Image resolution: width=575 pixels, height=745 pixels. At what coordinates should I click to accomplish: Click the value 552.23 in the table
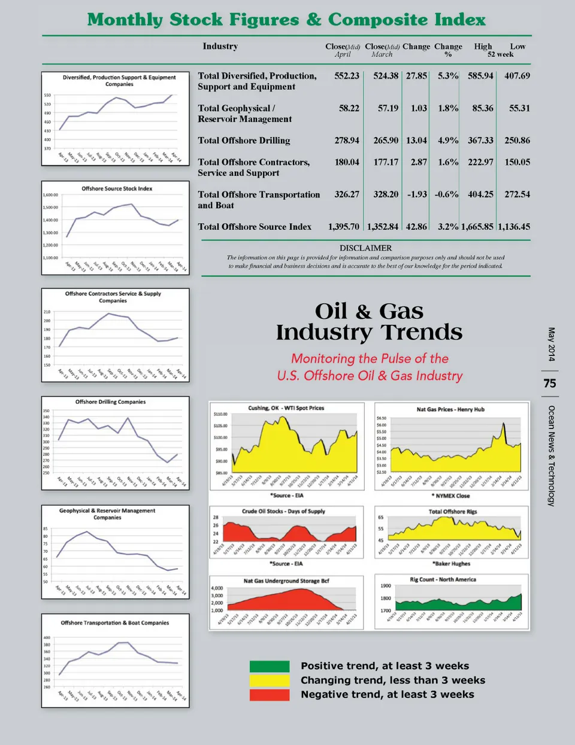(x=347, y=76)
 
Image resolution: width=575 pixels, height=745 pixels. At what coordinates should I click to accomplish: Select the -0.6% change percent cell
(x=446, y=194)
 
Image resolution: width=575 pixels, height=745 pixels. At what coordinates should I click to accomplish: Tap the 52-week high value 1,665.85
(x=477, y=227)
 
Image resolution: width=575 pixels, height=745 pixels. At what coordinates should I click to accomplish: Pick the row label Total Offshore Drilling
(x=244, y=141)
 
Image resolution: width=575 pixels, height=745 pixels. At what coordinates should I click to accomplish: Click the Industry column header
(x=220, y=46)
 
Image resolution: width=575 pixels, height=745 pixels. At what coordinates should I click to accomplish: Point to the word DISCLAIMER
(x=365, y=248)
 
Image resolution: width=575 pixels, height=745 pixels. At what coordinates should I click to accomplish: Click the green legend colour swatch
(x=270, y=666)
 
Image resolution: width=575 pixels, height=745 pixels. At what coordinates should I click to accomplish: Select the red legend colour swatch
(x=270, y=695)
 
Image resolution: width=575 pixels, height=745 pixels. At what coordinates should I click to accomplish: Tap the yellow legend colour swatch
(x=270, y=680)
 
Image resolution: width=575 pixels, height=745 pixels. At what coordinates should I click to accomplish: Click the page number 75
(x=550, y=383)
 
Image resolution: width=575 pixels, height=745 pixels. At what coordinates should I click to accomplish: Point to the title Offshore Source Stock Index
(x=117, y=188)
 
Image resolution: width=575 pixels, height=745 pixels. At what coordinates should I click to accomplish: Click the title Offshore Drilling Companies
(x=110, y=402)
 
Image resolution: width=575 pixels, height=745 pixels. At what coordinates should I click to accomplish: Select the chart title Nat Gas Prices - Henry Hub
(x=450, y=409)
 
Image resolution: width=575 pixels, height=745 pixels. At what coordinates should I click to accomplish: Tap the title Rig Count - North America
(x=443, y=579)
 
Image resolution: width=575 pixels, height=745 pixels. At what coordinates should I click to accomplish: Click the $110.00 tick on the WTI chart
(x=220, y=414)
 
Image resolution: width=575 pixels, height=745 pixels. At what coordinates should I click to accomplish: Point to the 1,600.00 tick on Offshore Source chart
(x=50, y=195)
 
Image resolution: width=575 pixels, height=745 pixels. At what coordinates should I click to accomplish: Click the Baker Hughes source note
(x=451, y=564)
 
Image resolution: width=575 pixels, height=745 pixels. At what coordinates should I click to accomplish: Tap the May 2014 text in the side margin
(x=551, y=344)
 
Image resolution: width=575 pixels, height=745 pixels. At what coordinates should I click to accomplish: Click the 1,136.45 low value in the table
(x=514, y=227)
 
